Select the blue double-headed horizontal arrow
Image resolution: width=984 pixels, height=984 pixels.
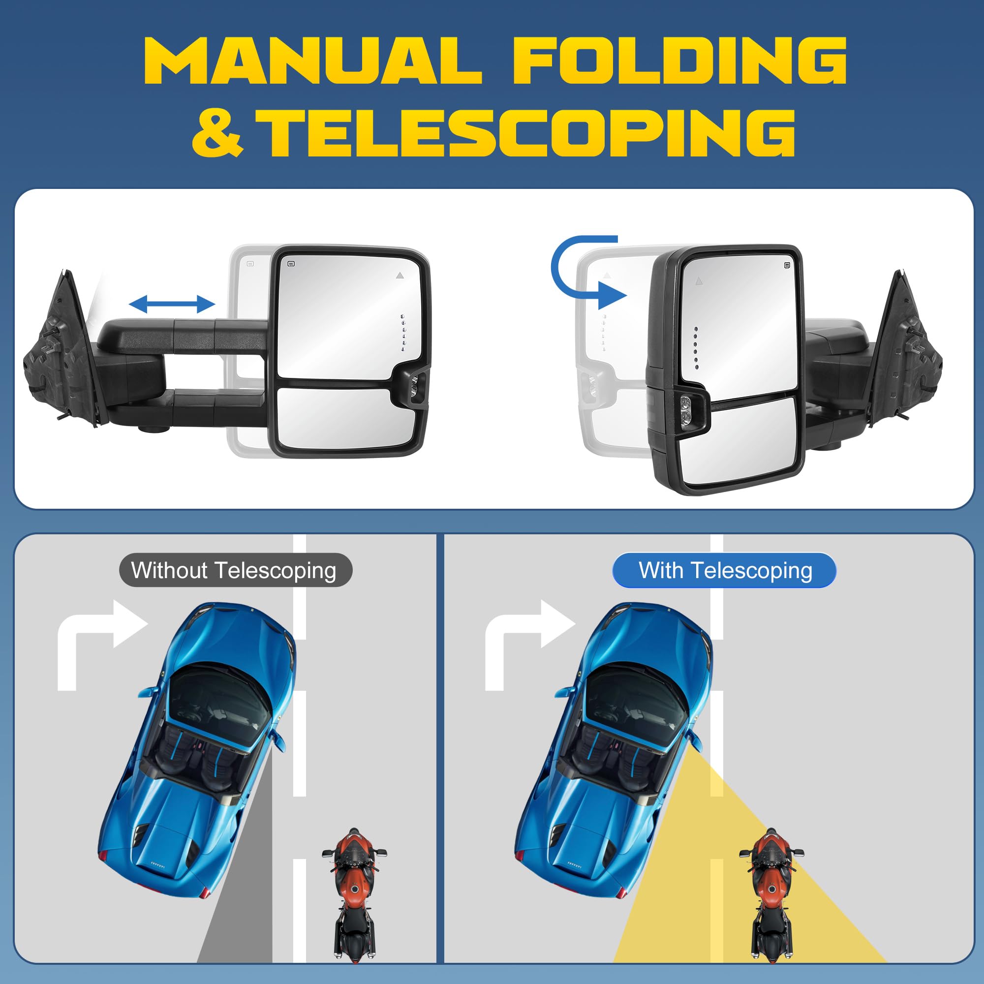[x=172, y=305]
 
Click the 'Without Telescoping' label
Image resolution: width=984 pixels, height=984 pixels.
[x=235, y=570]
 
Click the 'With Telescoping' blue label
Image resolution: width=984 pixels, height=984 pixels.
[x=724, y=570]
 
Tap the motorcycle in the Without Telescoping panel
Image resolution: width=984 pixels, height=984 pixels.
[x=354, y=896]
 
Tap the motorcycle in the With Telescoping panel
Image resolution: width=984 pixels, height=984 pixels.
[x=771, y=896]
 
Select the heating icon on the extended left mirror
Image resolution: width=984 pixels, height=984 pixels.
[x=292, y=264]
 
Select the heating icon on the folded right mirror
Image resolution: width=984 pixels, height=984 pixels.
[x=787, y=265]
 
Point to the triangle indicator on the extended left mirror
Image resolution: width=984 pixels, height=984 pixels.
[x=400, y=276]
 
